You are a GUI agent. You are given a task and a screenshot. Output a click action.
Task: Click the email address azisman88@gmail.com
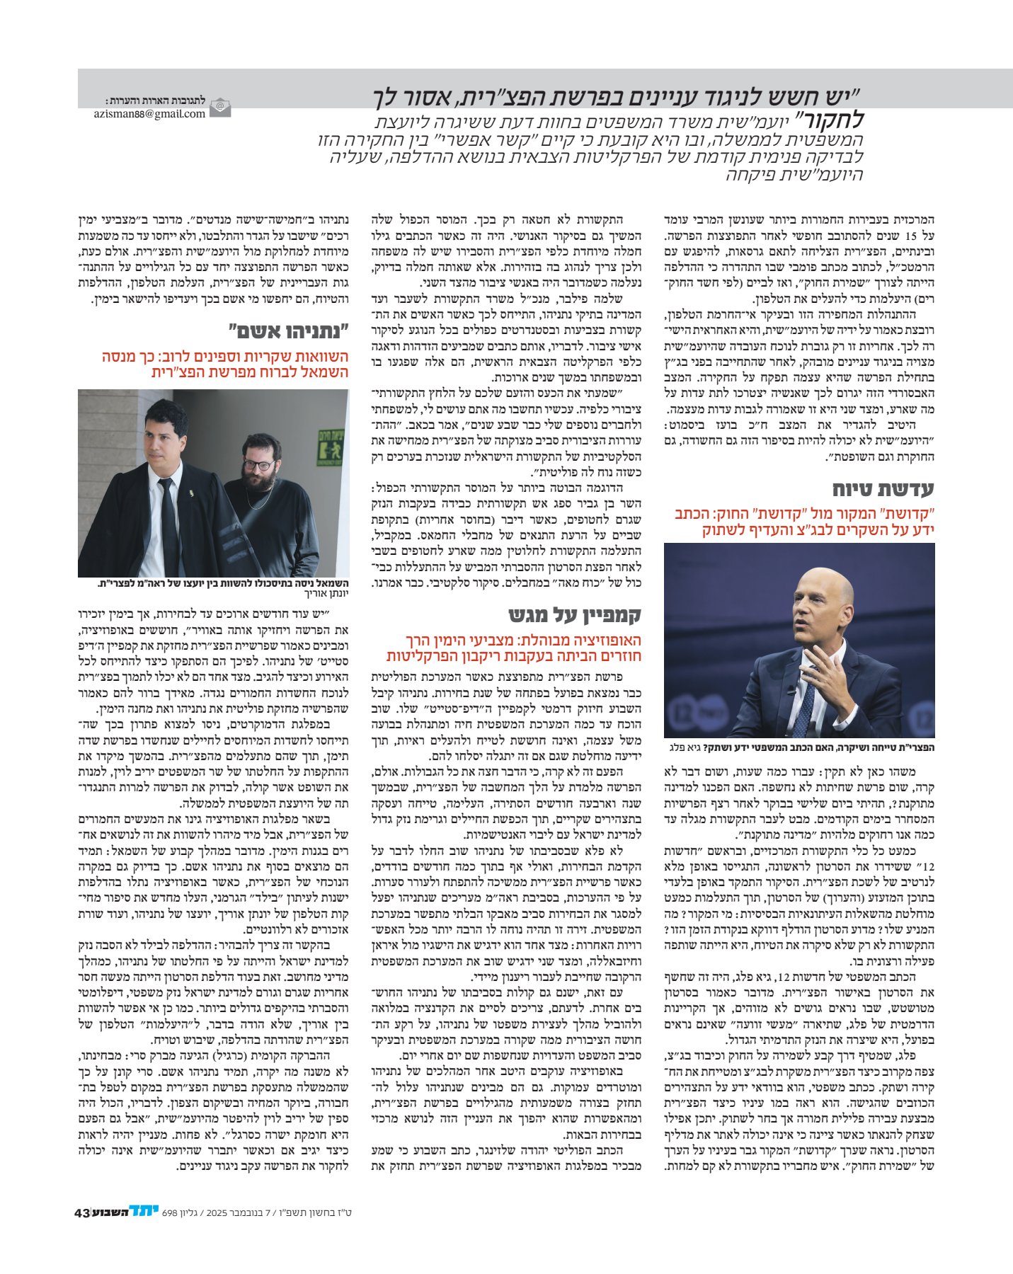(149, 113)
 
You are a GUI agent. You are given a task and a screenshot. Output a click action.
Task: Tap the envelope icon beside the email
(221, 108)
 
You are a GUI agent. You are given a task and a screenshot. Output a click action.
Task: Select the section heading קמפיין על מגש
(575, 614)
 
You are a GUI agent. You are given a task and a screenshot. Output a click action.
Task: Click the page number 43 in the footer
(81, 1232)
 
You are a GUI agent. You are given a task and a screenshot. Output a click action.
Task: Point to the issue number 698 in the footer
(170, 1232)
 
